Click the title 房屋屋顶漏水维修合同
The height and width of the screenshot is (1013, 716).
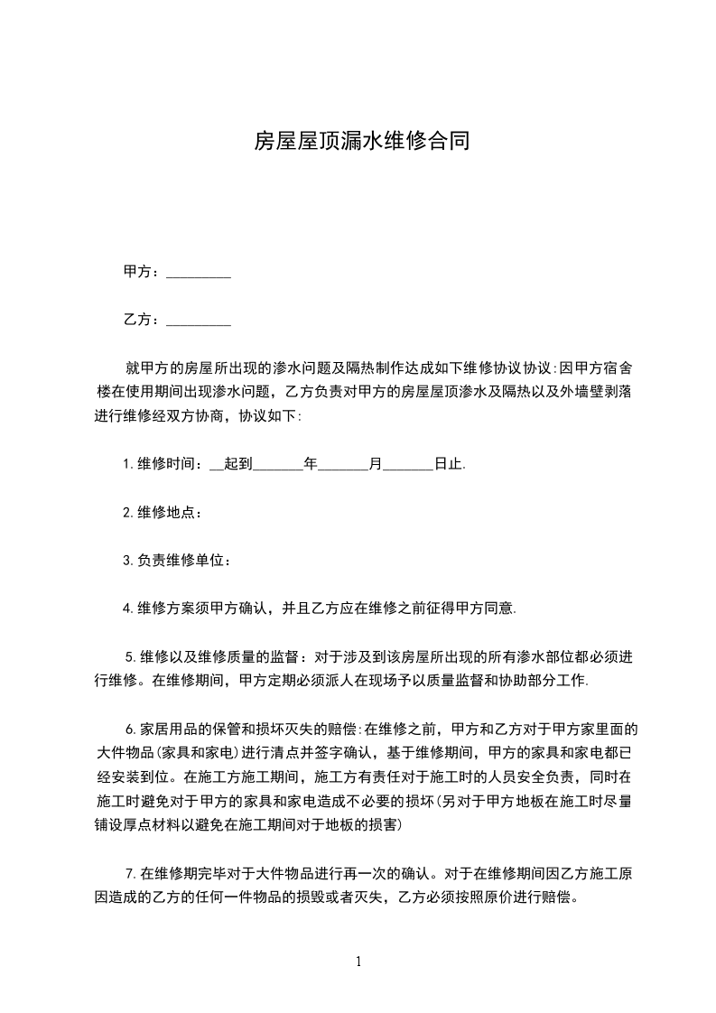click(x=360, y=141)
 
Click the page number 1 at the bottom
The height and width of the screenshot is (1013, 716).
click(x=358, y=961)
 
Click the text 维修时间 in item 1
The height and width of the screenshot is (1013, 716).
click(x=165, y=464)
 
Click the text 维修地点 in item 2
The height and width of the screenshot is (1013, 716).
click(x=165, y=512)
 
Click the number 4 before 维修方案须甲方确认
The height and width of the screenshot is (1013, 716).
click(x=127, y=608)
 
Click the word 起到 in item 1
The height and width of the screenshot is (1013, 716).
click(x=237, y=464)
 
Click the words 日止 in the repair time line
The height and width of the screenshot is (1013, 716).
click(x=448, y=464)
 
